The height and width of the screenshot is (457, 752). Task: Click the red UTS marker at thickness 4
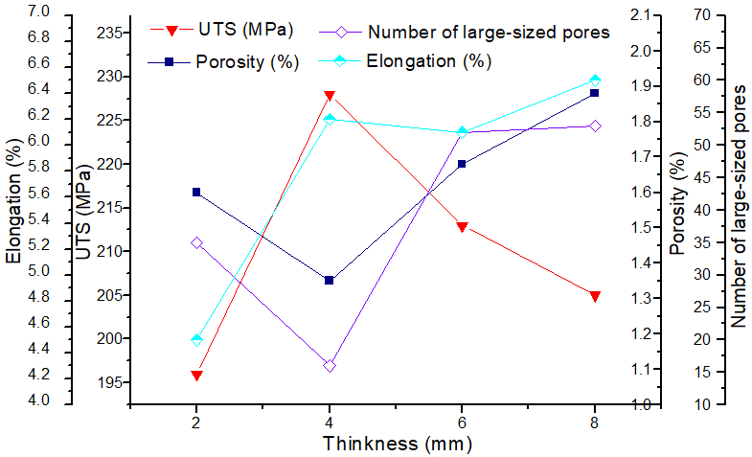coord(330,96)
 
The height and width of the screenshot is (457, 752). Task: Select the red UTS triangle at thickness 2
coord(196,375)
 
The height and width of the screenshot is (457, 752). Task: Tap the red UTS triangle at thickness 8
coord(595,296)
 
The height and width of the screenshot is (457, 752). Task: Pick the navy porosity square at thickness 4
coord(330,280)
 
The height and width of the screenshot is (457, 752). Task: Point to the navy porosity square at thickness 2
coord(196,192)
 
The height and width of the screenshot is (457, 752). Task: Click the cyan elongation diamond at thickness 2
coord(196,339)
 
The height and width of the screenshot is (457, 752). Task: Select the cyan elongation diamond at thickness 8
coord(595,80)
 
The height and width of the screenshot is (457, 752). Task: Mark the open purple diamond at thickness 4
coord(330,366)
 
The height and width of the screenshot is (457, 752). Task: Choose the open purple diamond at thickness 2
coord(196,242)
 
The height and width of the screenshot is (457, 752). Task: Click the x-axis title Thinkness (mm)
coord(397,444)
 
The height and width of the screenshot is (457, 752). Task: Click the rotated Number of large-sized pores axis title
coord(739,206)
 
